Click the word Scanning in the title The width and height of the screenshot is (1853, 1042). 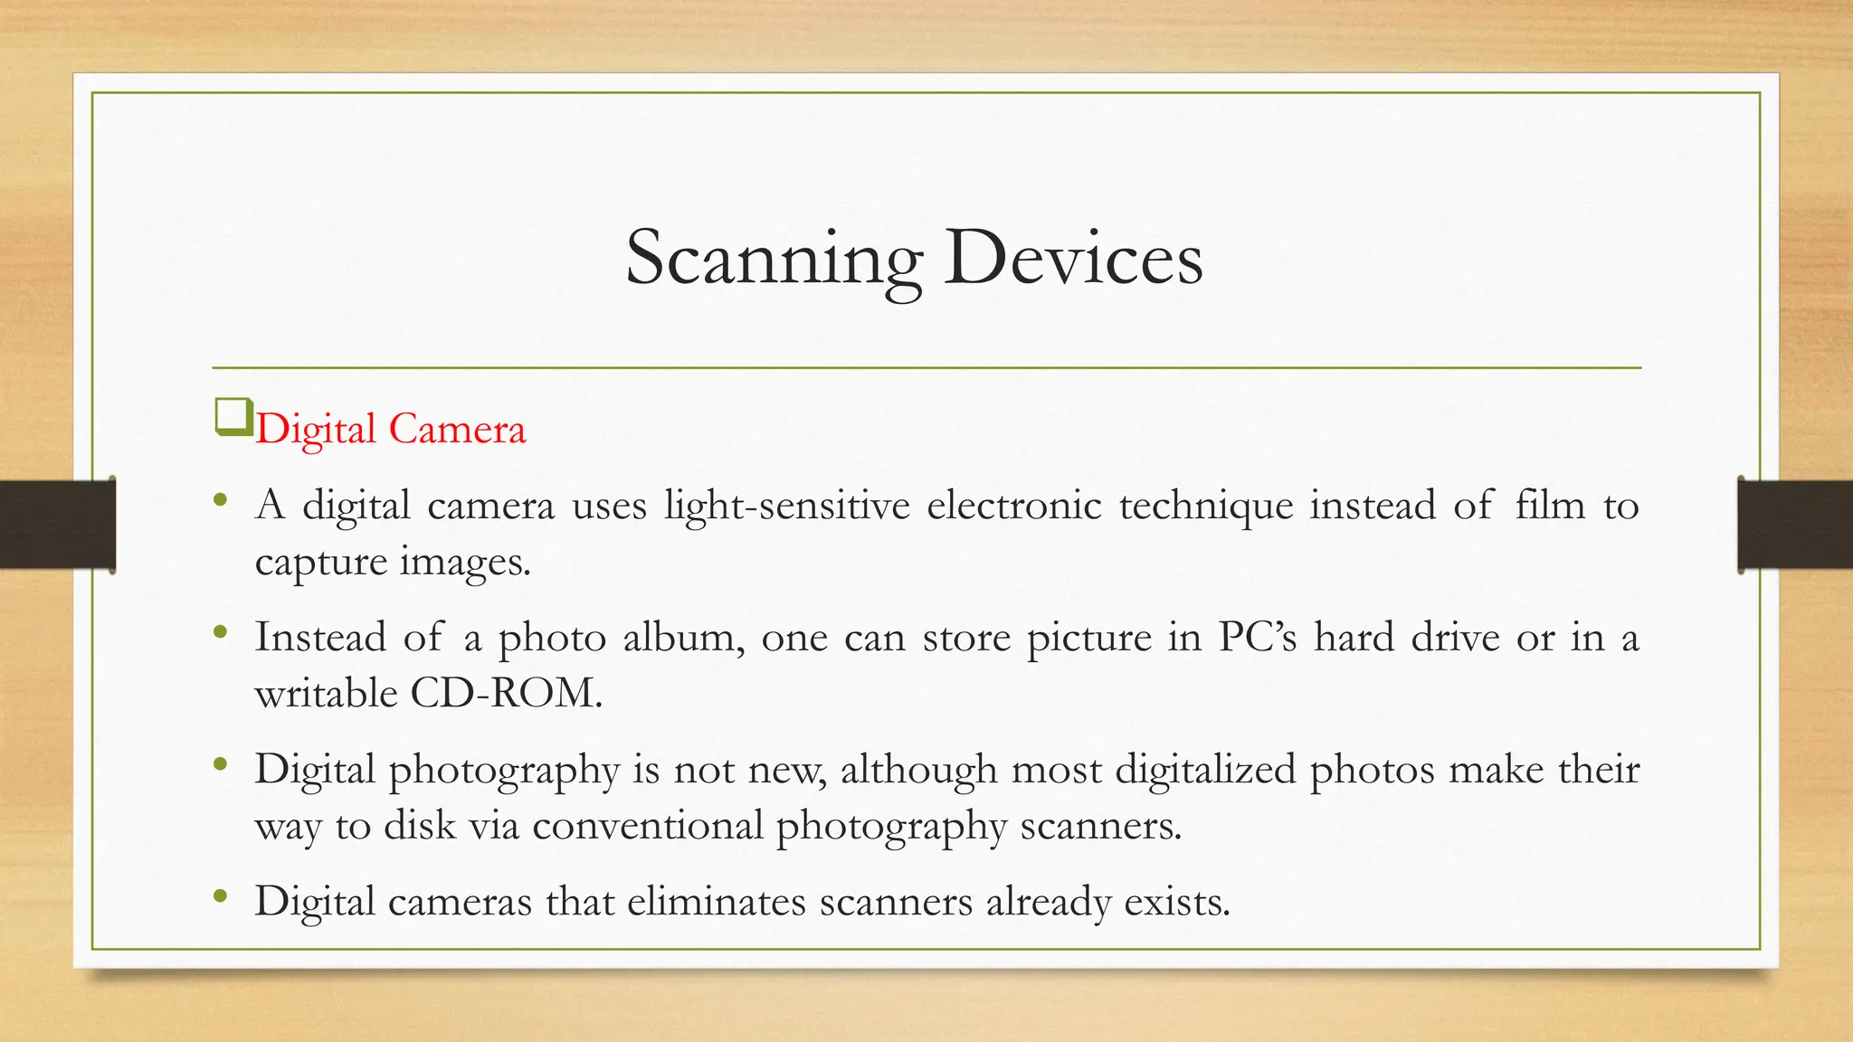pos(774,260)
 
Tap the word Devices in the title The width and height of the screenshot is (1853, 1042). pos(1073,258)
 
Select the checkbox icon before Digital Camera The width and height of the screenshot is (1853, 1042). pos(233,418)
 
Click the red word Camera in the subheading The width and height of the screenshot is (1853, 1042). pos(457,429)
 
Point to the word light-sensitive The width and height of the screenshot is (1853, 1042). pos(786,505)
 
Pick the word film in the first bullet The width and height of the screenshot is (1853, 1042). pos(1550,505)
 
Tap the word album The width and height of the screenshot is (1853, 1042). pos(683,637)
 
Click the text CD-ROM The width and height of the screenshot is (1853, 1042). pos(506,694)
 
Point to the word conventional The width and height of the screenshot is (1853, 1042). pos(648,825)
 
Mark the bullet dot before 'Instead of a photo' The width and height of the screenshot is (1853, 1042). pos(221,632)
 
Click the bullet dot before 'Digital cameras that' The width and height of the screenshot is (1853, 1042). pos(221,896)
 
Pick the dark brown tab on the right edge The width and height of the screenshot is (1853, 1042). pos(1795,525)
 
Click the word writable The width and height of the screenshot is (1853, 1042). pos(326,694)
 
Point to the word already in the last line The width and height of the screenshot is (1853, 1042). pos(1048,903)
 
